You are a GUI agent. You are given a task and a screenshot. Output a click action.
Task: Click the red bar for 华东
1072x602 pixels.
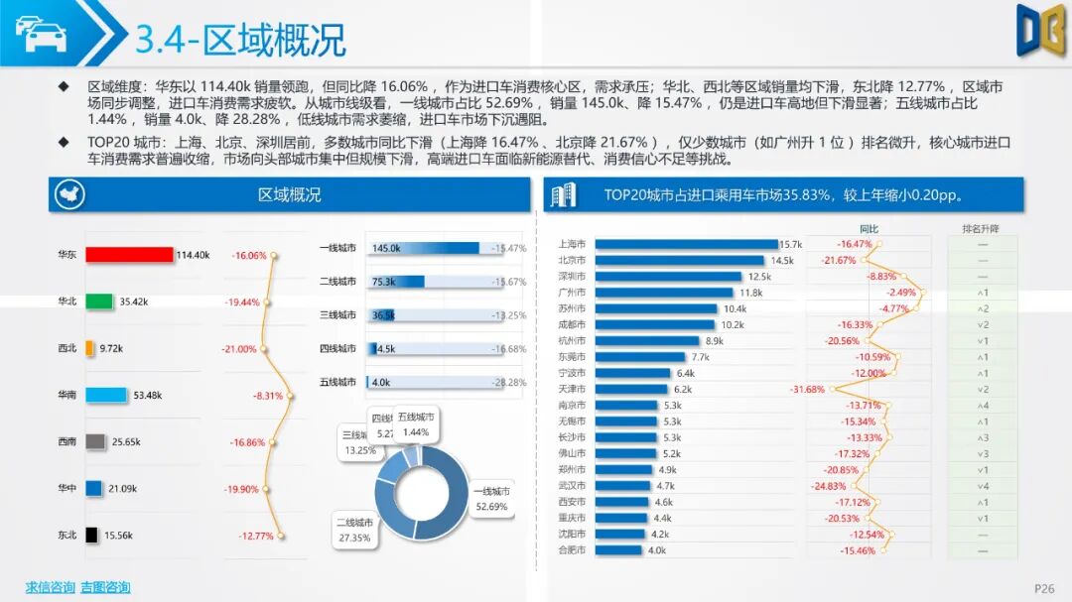129,255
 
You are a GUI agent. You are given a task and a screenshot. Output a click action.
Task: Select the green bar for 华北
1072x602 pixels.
98,301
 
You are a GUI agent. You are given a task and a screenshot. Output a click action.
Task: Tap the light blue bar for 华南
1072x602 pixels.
106,395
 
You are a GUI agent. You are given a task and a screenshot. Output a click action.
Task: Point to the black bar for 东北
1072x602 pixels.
91,535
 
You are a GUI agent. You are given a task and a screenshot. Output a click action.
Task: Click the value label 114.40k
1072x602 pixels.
193,255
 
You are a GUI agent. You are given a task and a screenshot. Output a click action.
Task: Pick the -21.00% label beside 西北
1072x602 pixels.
238,349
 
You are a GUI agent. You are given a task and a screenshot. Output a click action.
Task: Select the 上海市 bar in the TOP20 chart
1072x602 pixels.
684,244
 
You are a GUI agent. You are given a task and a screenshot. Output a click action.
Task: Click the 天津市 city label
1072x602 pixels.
573,389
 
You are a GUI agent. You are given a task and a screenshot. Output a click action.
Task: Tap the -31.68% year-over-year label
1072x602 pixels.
807,389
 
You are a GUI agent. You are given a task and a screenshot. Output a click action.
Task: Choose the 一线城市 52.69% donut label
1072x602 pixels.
491,499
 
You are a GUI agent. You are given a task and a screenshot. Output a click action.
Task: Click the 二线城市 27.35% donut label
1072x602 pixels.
354,530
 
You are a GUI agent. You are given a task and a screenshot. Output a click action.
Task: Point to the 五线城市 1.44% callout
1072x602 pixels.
417,425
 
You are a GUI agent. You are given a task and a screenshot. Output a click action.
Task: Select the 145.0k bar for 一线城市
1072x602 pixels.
423,248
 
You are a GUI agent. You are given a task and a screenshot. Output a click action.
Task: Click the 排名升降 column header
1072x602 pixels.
981,229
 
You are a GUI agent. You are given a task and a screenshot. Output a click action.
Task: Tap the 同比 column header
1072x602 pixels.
869,229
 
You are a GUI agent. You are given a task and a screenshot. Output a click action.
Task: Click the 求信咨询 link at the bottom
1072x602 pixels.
50,587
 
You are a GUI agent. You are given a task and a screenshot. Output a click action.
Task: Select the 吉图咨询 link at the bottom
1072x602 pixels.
105,587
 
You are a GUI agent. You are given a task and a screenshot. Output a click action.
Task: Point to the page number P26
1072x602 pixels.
1044,589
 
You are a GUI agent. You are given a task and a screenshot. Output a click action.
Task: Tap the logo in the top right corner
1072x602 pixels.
1040,30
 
